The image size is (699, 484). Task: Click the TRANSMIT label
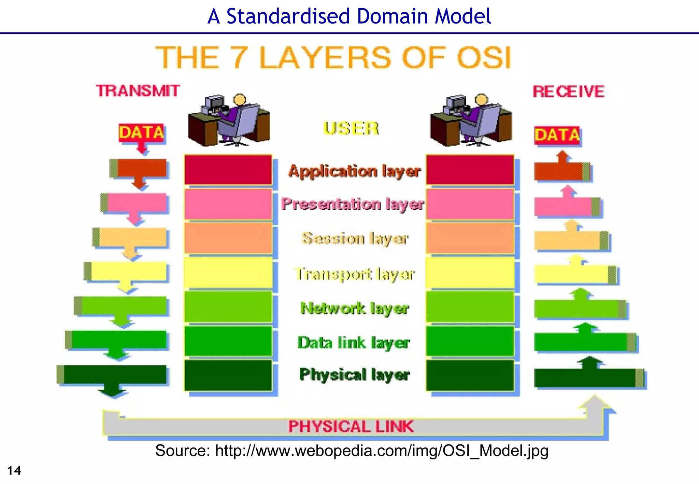click(x=138, y=91)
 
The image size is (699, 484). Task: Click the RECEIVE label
click(x=569, y=91)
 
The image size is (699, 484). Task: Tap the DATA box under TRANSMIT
click(x=142, y=132)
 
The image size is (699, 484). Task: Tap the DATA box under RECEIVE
click(x=557, y=135)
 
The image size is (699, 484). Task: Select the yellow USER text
click(x=351, y=129)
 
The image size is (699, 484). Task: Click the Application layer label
click(x=354, y=171)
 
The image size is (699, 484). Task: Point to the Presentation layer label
click(x=353, y=204)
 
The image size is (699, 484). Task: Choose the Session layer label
click(x=355, y=238)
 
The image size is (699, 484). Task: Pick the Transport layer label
click(x=355, y=274)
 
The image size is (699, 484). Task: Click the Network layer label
click(x=355, y=308)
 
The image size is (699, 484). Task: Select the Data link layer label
click(x=354, y=342)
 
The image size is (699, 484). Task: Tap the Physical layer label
click(x=354, y=374)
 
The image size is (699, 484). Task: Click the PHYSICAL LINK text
click(x=351, y=427)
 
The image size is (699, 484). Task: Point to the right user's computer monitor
click(x=455, y=103)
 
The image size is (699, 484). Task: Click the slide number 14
click(x=14, y=471)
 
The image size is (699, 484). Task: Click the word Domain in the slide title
click(x=393, y=16)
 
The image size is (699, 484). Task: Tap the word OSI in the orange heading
click(x=484, y=58)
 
